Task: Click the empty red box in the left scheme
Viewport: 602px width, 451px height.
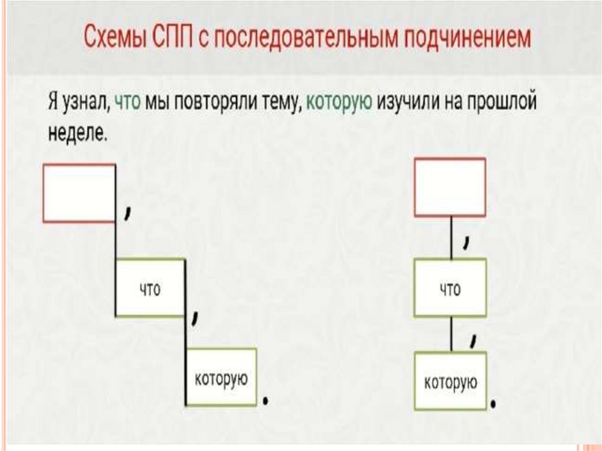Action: click(x=79, y=193)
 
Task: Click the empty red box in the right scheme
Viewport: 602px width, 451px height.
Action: click(x=450, y=187)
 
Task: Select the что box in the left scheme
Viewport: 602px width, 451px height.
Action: click(x=150, y=288)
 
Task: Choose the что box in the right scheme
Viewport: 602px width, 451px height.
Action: click(x=450, y=288)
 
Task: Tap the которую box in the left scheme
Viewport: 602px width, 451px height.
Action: click(x=221, y=377)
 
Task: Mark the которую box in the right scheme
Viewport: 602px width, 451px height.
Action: click(x=450, y=381)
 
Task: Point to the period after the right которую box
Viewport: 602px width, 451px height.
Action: click(x=494, y=405)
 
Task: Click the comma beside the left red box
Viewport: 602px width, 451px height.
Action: click(x=127, y=212)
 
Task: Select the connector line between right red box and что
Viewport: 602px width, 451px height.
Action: click(x=451, y=238)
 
